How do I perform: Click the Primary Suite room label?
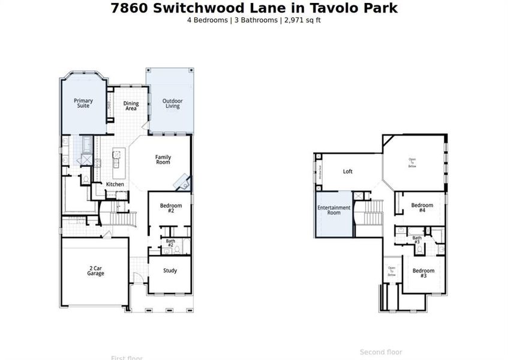[x=83, y=103]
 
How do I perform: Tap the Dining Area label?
[x=131, y=106]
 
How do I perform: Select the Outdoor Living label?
[x=172, y=103]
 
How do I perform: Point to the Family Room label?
[x=163, y=160]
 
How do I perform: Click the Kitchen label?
[x=115, y=184]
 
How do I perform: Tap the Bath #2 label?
[x=170, y=243]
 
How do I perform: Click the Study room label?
[x=170, y=271]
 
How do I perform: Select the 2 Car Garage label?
[x=95, y=271]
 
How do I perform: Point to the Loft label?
[x=348, y=172]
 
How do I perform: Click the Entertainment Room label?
[x=334, y=210]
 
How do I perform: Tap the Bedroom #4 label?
[x=422, y=208]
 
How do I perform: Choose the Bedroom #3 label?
[x=423, y=273]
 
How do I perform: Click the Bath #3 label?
[x=417, y=240]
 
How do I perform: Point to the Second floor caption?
[x=381, y=352]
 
